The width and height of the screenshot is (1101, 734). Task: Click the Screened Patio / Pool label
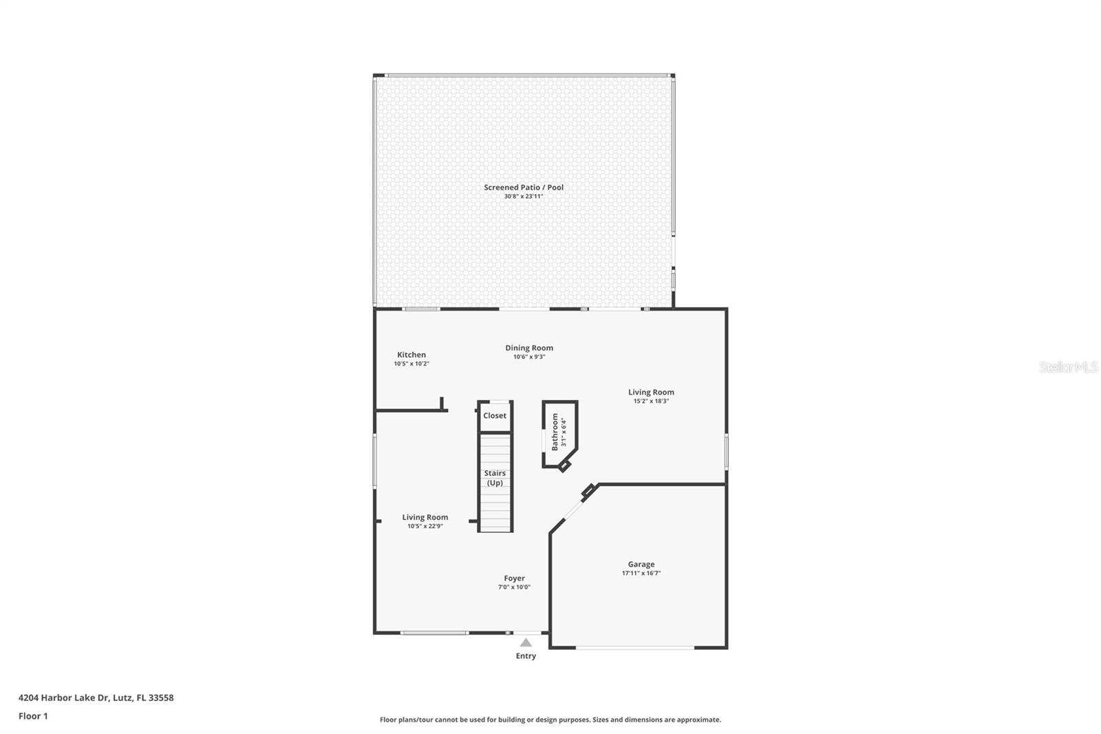coord(523,187)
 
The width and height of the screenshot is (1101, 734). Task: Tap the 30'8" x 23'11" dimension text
coord(523,197)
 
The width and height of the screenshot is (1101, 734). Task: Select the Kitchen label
coord(411,355)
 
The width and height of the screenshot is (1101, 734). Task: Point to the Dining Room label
coord(528,348)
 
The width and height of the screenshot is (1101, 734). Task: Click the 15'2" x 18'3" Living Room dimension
coord(651,401)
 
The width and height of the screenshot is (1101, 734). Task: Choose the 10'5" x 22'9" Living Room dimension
coord(425,527)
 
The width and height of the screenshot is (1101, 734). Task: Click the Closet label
coord(494,416)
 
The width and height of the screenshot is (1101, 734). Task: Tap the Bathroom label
coord(555,432)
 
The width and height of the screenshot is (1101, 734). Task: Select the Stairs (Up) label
coord(495,478)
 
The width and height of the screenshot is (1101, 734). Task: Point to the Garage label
coord(641,564)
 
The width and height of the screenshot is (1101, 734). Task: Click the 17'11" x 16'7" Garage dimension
coord(641,574)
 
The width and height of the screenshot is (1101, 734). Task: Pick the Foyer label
coord(514,578)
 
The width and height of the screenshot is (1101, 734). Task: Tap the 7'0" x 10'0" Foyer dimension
coord(514,587)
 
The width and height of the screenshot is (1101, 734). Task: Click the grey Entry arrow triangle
coord(526,643)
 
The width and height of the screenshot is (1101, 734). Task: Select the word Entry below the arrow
coord(526,656)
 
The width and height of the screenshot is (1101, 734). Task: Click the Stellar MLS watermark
coord(1068,368)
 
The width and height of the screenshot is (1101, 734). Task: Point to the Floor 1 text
coord(33,716)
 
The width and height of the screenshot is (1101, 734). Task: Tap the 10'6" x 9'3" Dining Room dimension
coord(528,357)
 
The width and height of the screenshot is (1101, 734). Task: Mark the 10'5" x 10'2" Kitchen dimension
coord(411,364)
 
